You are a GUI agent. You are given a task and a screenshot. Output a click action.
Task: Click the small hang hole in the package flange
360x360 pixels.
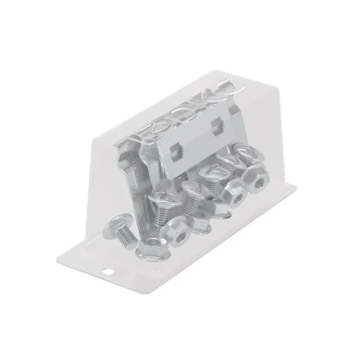pos(109,269)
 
